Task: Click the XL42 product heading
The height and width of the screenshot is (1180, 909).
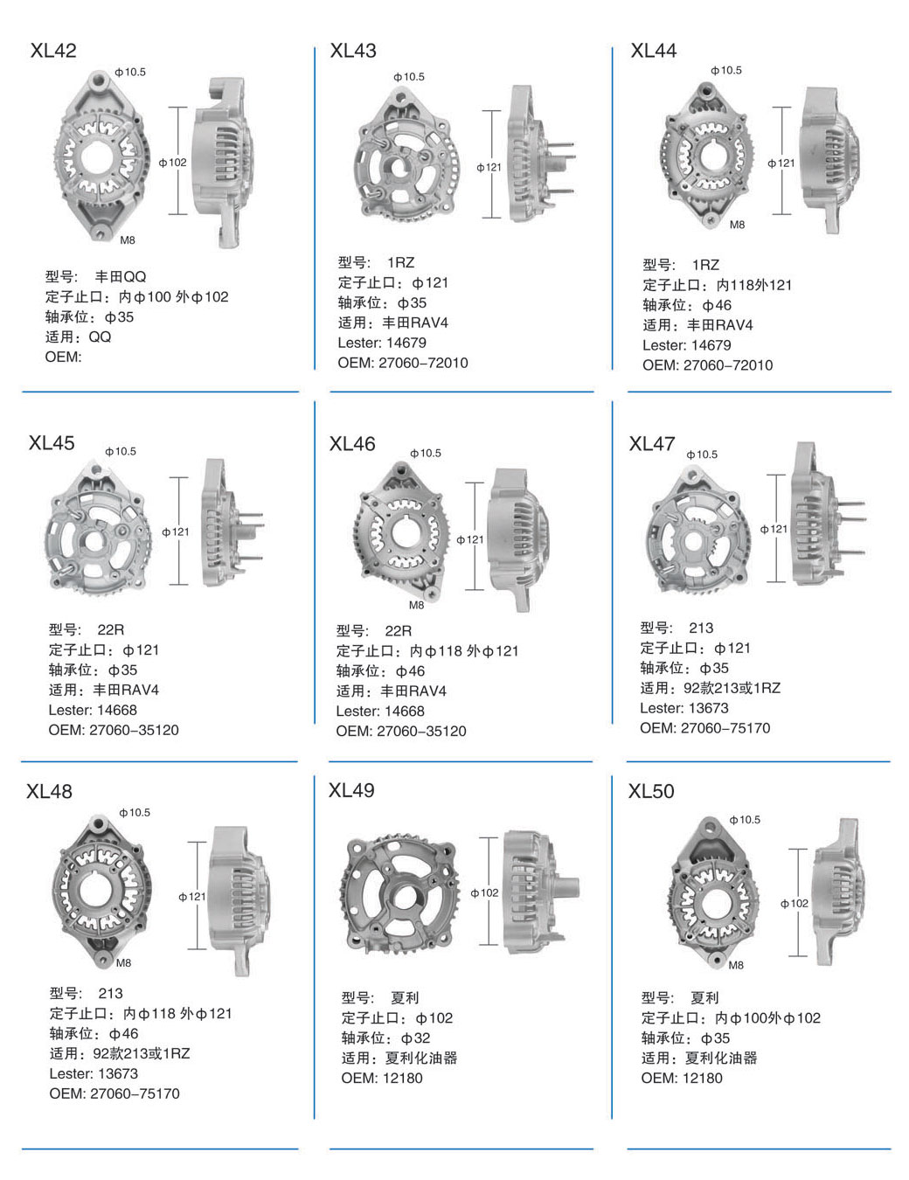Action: (x=53, y=51)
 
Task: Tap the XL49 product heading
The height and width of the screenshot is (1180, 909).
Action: (x=351, y=790)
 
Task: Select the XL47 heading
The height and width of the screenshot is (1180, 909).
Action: (x=652, y=444)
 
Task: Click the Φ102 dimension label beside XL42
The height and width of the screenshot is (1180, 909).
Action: (x=173, y=163)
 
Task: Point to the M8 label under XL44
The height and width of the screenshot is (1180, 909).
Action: (x=737, y=225)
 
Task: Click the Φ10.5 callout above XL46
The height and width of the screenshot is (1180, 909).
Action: (x=426, y=453)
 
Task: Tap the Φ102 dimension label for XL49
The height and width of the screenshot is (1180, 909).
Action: (x=484, y=892)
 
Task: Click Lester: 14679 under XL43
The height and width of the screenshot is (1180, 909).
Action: (x=382, y=343)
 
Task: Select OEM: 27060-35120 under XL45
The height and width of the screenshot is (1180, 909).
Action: (x=114, y=730)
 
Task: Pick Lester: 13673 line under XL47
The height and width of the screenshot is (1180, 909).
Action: (x=684, y=708)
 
